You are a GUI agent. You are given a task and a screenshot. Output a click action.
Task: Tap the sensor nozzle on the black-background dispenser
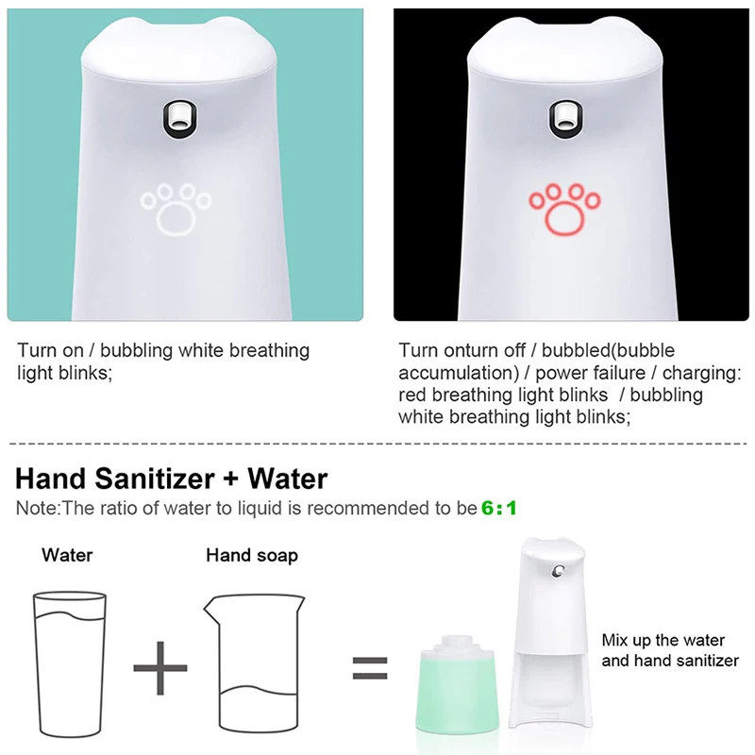563,117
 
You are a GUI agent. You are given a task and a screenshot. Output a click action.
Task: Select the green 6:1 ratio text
499,509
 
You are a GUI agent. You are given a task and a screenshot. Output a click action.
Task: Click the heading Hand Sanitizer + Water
172,478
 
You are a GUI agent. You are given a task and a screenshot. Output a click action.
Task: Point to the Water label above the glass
67,555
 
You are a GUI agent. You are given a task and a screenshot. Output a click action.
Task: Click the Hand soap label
252,555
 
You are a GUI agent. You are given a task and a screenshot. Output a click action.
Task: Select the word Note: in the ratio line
38,509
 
